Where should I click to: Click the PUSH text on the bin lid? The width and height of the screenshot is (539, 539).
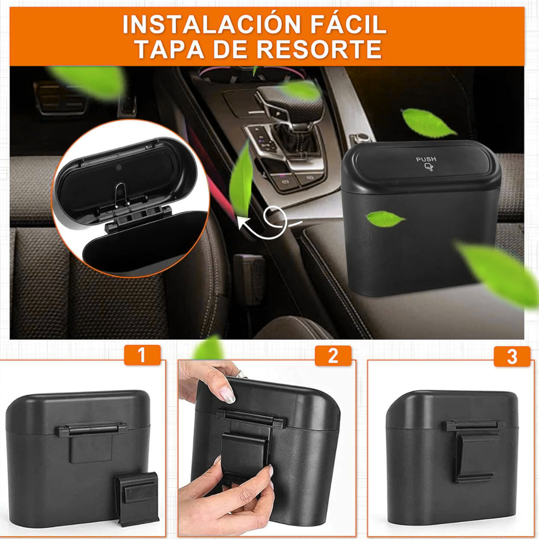click(x=426, y=159)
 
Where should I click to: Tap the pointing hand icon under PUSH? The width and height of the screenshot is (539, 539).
click(x=428, y=168)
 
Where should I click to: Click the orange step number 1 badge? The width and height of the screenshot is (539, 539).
click(x=142, y=356)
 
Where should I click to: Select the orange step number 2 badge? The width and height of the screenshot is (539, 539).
click(x=333, y=356)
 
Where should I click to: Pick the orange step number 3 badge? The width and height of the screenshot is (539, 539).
click(x=512, y=357)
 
